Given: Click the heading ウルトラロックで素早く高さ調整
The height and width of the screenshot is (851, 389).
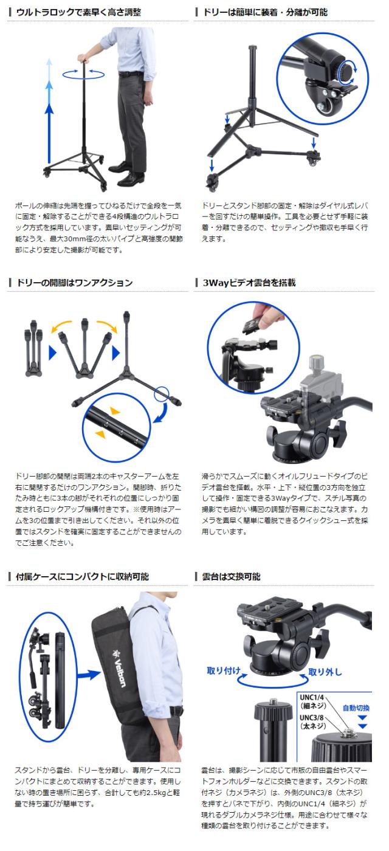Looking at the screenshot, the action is coord(78,12).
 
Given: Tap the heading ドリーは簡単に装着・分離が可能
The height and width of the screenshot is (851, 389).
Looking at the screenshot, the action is coord(265,12).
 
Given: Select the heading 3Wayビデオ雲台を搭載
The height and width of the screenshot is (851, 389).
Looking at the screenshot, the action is coord(249,283).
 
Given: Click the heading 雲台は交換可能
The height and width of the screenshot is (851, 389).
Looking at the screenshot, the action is coord(232,577).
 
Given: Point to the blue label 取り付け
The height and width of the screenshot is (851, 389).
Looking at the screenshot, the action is coord(224,670).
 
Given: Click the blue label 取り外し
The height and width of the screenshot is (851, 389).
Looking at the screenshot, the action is coord(325,672).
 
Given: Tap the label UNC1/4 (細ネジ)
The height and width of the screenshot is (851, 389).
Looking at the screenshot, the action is coord(312,701).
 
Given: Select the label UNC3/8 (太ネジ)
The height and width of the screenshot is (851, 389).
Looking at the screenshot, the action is coord(312,722).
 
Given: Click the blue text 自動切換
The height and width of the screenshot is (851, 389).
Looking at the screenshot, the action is coord(356,708).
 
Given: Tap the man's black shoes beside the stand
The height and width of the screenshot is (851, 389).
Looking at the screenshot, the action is coord(126,175).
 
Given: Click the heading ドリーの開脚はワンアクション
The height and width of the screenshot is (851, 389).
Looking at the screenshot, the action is coord(74,283).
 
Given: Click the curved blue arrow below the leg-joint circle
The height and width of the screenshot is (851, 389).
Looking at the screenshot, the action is coord(162,413).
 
